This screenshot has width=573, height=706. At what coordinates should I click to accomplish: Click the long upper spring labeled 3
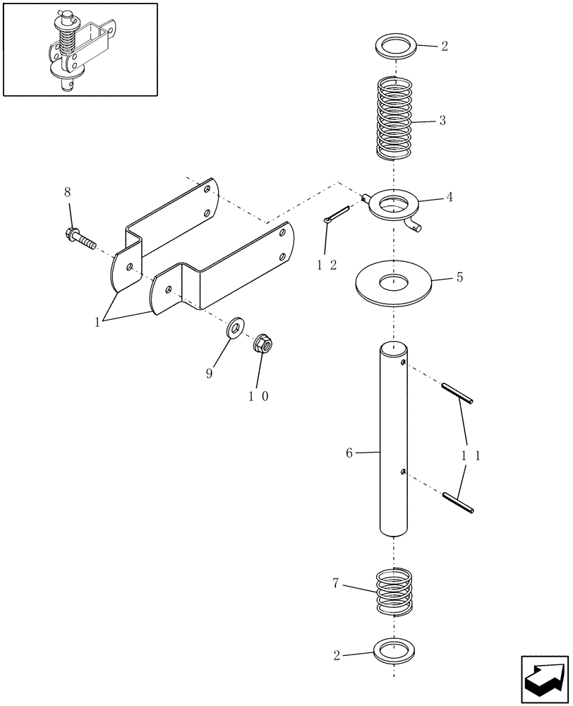[394, 118]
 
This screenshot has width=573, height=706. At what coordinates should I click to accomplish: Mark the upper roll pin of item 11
[457, 393]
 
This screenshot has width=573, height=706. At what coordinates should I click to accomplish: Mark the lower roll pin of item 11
[457, 501]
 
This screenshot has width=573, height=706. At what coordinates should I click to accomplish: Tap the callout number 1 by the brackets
[97, 322]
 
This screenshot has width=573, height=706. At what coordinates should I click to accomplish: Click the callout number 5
[459, 277]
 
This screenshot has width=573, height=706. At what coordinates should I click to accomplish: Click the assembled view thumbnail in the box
[80, 49]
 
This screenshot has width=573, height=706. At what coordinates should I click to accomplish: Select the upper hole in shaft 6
[402, 364]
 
